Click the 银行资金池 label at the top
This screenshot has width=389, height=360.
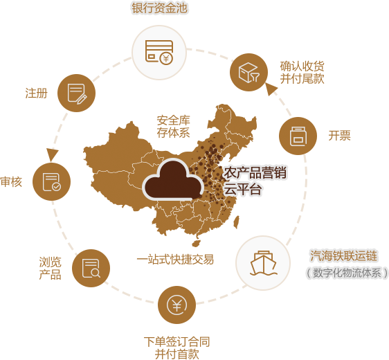pos(159,8)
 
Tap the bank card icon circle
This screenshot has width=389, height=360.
pos(159,53)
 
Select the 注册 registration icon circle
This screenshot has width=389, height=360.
pos(76,93)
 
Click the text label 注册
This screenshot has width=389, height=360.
pos(36,93)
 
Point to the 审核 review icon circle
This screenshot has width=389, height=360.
pos(52,182)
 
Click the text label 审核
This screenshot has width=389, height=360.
pos(11,182)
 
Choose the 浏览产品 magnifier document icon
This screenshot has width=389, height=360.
pos(91,268)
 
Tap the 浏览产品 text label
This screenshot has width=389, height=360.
pos(50,269)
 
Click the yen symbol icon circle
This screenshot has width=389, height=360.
pos(177,305)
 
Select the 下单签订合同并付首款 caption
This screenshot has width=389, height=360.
pos(177,348)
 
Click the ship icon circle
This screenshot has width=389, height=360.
pos(263,263)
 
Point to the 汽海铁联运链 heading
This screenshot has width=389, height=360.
pos(343,255)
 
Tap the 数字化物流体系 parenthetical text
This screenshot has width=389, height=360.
pos(347,273)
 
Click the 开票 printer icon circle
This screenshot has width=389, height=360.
pos(298,136)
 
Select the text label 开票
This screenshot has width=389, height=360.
pos(339,136)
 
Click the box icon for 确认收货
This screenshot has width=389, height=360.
pos(248,72)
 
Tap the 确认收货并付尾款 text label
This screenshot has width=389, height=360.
pos(302,73)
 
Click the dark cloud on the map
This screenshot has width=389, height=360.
pos(173,180)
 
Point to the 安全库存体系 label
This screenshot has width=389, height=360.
pos(174,127)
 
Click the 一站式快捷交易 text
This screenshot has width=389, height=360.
pos(175,260)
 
